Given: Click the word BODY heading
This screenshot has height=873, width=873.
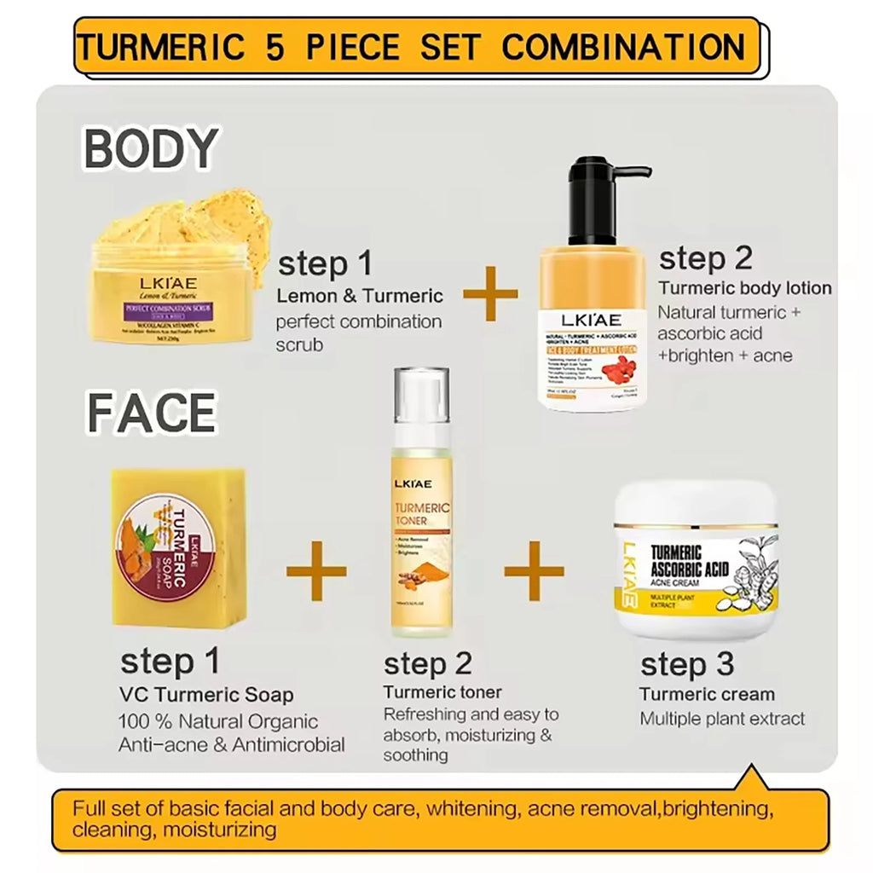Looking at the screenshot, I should tap(151, 149).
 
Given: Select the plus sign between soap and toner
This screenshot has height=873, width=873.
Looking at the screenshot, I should tap(316, 569).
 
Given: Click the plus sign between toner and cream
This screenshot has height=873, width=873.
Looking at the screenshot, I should tap(535, 569).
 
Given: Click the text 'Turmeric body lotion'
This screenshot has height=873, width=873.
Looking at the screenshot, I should tap(744, 288).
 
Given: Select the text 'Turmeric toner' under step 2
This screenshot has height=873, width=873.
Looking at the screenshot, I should tap(442, 691).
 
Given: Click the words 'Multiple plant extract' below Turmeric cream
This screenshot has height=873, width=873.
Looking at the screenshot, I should tap(722, 719).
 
